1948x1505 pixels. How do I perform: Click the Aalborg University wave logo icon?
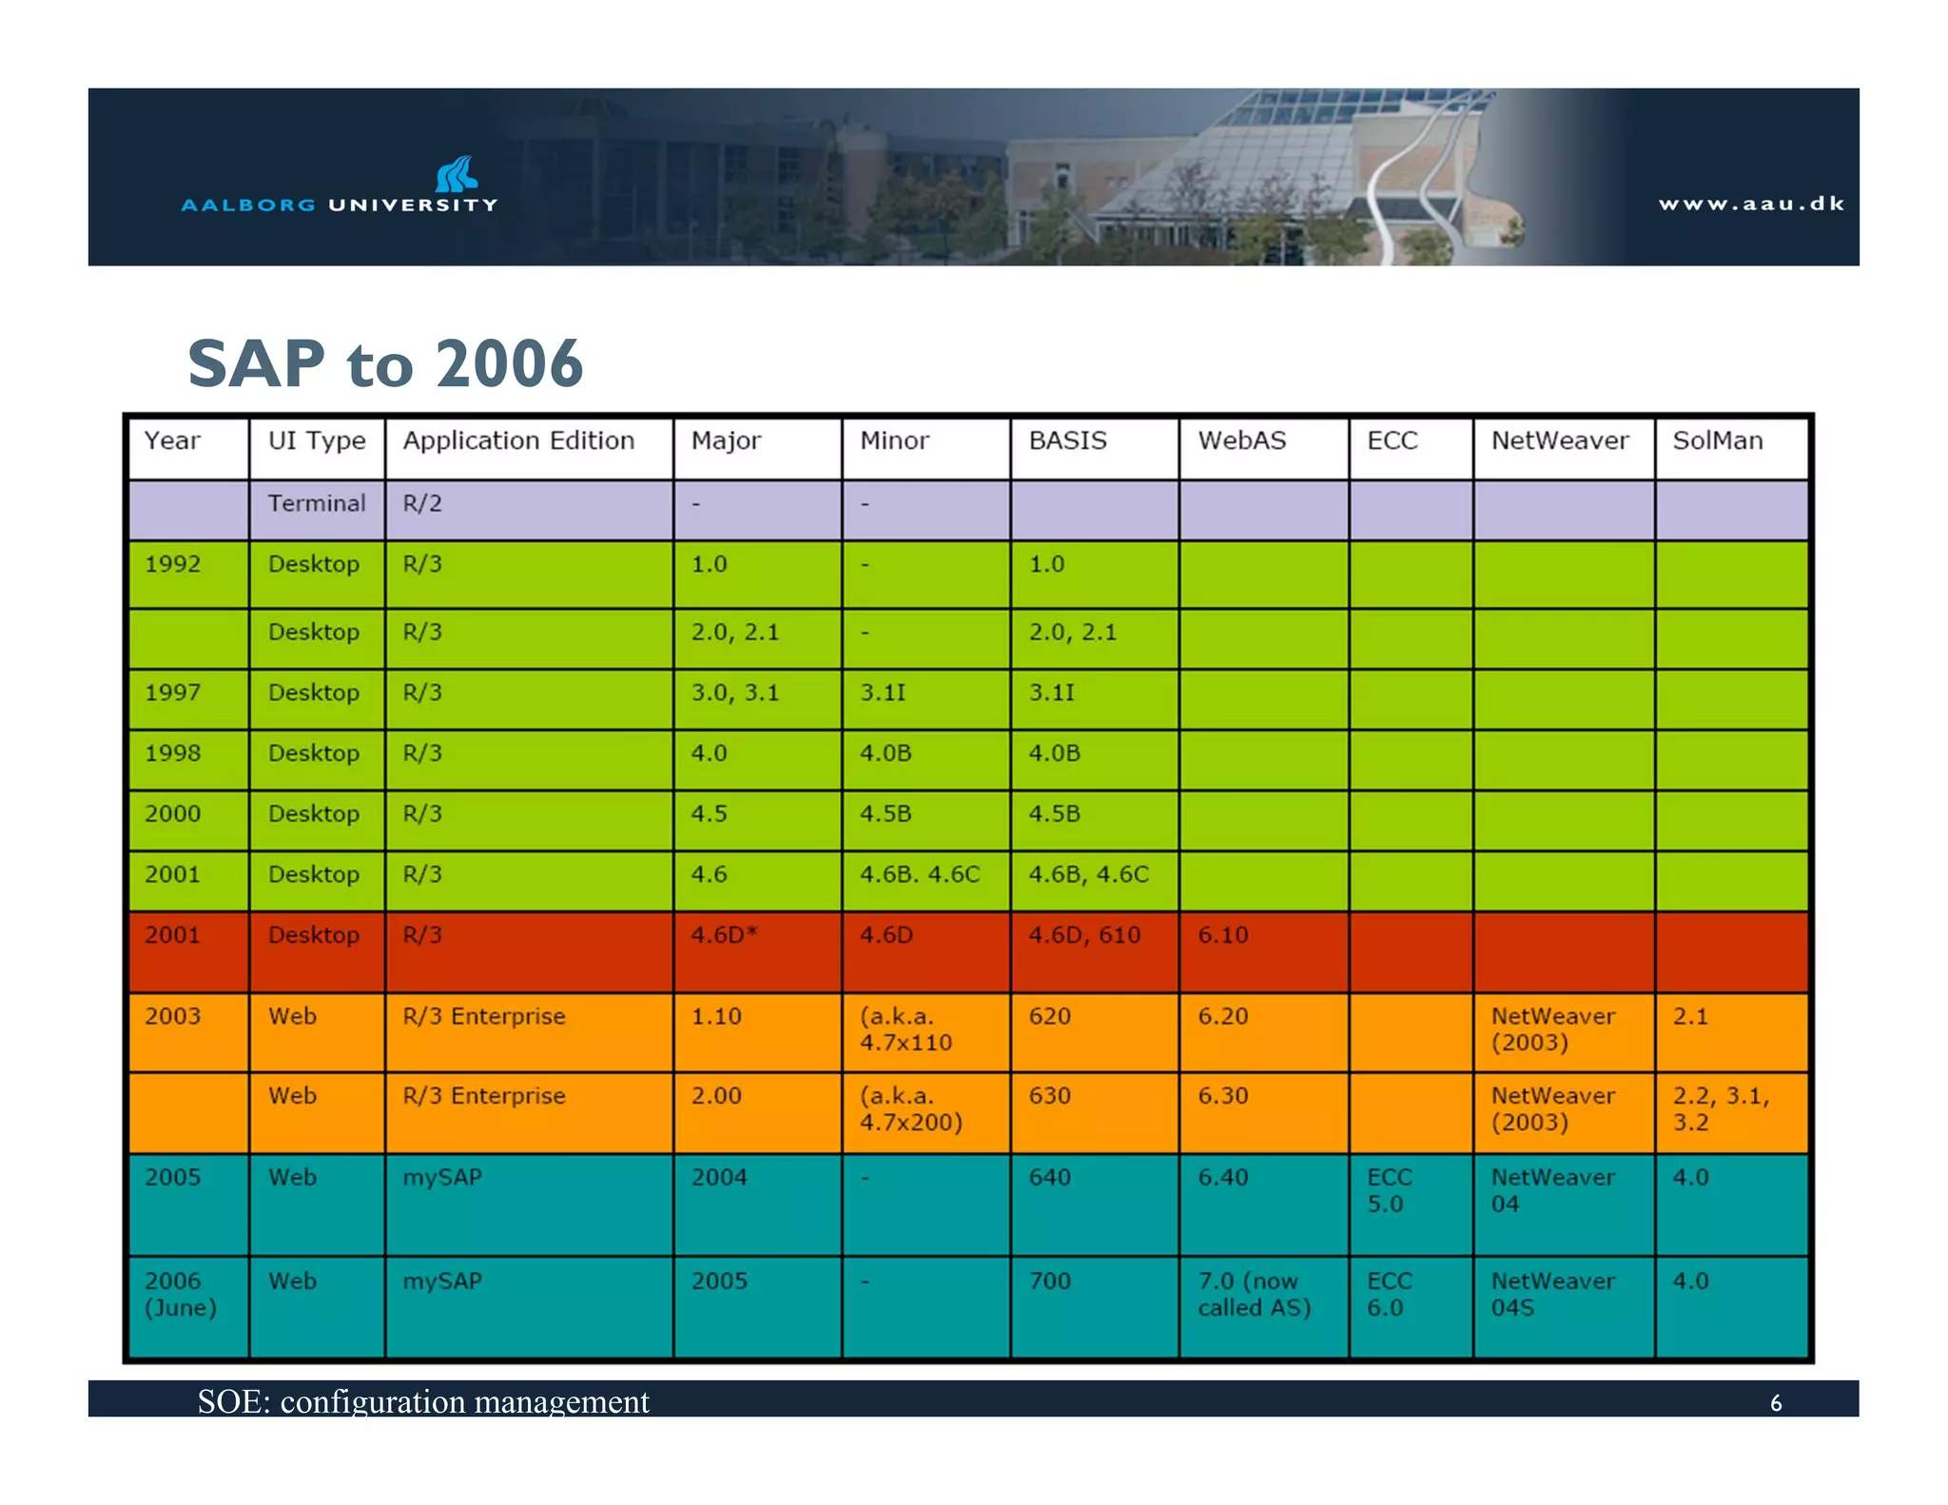click(457, 174)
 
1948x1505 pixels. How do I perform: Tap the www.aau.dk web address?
click(1750, 204)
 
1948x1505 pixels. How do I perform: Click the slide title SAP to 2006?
click(385, 363)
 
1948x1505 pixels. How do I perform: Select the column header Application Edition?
click(518, 440)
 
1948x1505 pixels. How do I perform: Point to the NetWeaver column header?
click(1559, 440)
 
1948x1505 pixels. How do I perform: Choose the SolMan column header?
click(1717, 440)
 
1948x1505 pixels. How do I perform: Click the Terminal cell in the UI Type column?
click(316, 503)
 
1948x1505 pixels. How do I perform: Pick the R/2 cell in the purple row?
click(422, 503)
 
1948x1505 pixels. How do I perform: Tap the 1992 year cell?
click(172, 564)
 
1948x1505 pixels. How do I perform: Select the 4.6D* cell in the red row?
click(724, 935)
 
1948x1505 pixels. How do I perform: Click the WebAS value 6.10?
click(1222, 935)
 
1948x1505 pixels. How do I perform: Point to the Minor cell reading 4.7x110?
click(905, 1030)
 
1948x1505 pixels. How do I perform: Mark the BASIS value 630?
click(1049, 1096)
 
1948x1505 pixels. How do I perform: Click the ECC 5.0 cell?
click(1389, 1191)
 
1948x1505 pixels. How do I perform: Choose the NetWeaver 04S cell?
click(1552, 1295)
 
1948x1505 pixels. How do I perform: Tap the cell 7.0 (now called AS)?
click(1254, 1295)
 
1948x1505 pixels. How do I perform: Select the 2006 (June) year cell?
click(180, 1295)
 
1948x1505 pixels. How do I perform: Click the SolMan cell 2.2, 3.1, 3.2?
click(1720, 1109)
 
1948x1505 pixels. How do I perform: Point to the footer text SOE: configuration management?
click(423, 1401)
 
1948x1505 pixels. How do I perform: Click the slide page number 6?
click(1775, 1403)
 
